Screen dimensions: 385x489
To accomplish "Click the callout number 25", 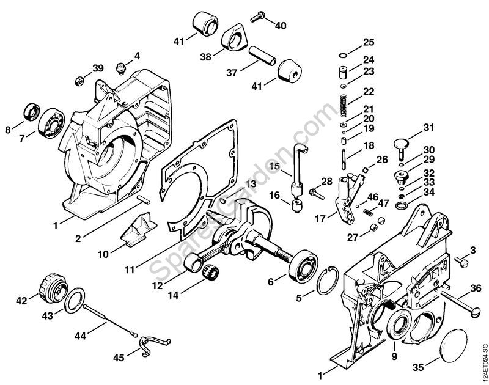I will point(368,42).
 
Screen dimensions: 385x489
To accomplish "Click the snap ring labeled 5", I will point(329,282).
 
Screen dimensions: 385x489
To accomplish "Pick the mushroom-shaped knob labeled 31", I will point(401,144).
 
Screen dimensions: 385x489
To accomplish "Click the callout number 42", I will point(23,300).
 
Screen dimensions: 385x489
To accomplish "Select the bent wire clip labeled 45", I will point(148,346).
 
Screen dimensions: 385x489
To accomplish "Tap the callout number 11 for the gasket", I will point(129,269).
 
